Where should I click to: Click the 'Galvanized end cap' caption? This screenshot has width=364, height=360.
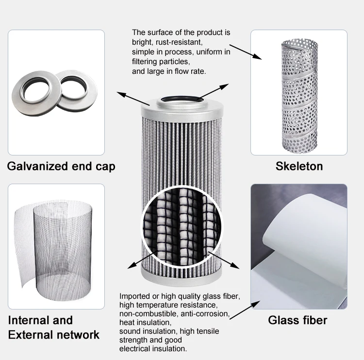(61, 166)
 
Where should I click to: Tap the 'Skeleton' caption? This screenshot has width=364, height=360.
(299, 166)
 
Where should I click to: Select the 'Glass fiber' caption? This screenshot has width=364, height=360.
(298, 320)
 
